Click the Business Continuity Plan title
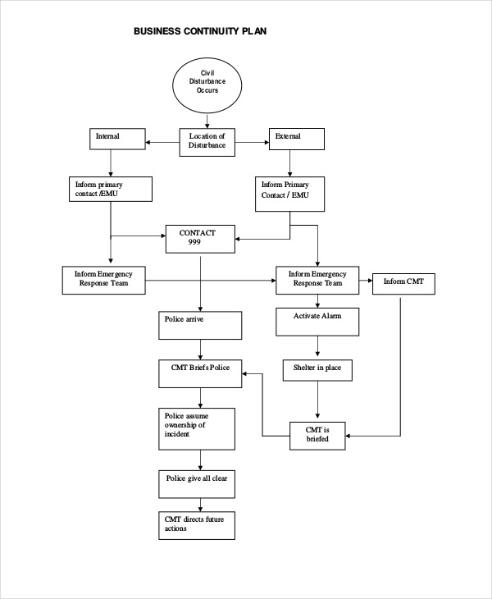[x=200, y=32]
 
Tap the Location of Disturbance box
[x=207, y=141]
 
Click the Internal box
[x=116, y=139]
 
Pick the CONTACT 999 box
[x=201, y=239]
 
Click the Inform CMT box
[x=403, y=284]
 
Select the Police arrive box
[x=201, y=325]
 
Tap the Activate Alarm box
[x=317, y=322]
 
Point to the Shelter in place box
[x=317, y=371]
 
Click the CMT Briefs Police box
[x=200, y=374]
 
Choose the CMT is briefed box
[x=317, y=435]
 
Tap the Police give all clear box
[x=198, y=483]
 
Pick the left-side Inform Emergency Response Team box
[x=105, y=280]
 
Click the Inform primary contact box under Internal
[x=110, y=189]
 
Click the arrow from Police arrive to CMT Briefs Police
[x=201, y=350]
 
